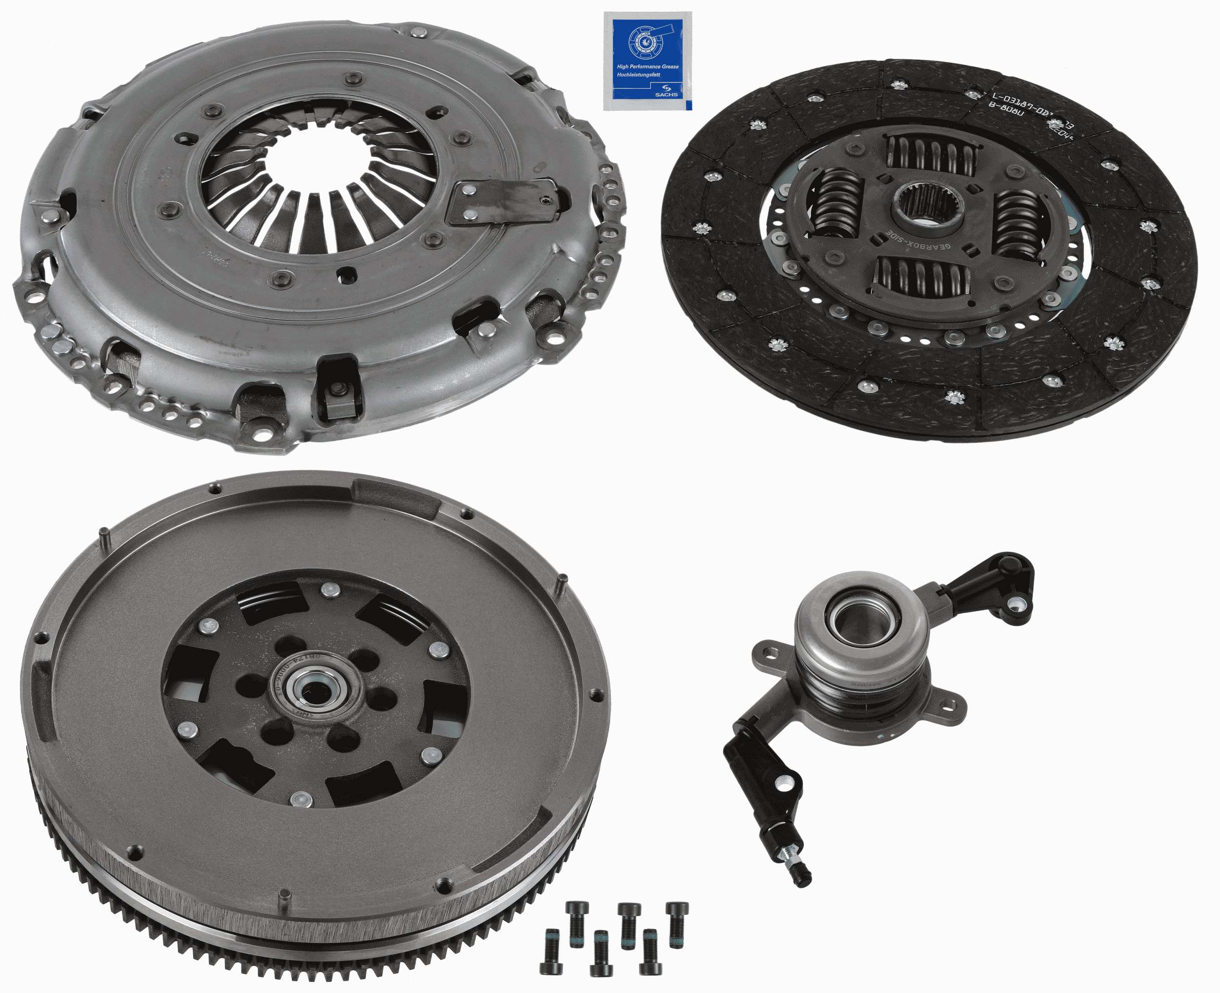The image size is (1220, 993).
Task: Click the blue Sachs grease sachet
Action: [647, 61]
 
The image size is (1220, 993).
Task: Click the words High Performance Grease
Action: [647, 66]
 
